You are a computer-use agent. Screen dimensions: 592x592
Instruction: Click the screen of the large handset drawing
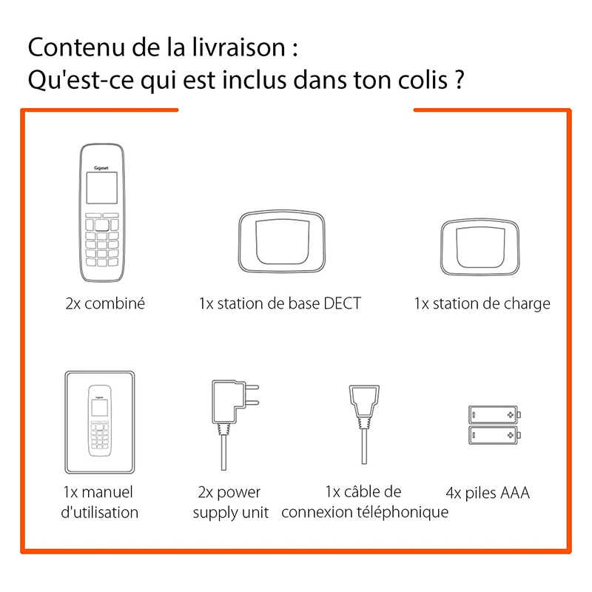pos(101,188)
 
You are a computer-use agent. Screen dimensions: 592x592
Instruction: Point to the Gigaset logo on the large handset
pos(101,168)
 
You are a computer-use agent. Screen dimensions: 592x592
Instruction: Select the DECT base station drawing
pos(282,241)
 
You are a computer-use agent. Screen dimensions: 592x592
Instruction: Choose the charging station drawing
pos(480,246)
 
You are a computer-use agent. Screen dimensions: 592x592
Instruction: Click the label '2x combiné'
pos(105,303)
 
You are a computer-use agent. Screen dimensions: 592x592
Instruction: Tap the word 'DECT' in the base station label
pos(343,303)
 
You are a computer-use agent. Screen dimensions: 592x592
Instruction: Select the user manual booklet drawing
pos(100,422)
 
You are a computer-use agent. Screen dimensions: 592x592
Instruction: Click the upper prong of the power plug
pos(252,387)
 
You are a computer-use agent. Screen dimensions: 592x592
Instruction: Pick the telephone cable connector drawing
pos(364,424)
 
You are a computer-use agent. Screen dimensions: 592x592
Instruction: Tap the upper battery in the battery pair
pos(494,415)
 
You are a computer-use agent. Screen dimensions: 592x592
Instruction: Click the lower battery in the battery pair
pos(494,435)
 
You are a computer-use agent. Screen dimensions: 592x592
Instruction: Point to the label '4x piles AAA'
pos(488,493)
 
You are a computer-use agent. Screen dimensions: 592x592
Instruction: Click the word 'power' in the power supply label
pos(238,493)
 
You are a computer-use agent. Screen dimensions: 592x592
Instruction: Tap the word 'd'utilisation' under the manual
pos(100,512)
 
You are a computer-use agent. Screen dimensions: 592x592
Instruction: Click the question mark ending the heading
pos(459,80)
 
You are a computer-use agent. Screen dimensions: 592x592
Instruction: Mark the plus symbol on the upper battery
pos(511,415)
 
